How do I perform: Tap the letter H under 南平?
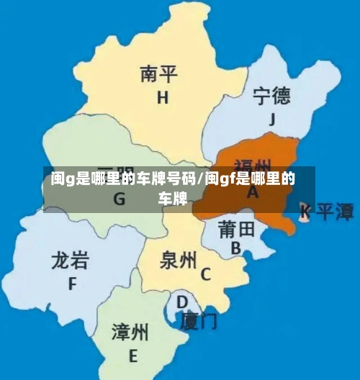click(163, 97)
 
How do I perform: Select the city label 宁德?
click(271, 95)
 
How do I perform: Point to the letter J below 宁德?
click(272, 120)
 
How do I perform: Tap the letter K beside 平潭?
click(305, 210)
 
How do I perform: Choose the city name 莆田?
click(236, 230)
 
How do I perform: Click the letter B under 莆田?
click(235, 248)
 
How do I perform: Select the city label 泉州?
click(178, 259)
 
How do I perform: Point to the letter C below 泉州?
click(206, 274)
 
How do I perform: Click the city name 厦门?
click(198, 319)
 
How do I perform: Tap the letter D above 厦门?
click(183, 302)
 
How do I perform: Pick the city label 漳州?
click(130, 332)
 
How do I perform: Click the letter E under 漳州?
click(132, 356)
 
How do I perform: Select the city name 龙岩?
click(71, 260)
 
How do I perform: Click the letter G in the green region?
click(119, 199)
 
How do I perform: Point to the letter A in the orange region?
click(253, 193)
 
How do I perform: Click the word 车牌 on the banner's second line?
click(173, 198)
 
